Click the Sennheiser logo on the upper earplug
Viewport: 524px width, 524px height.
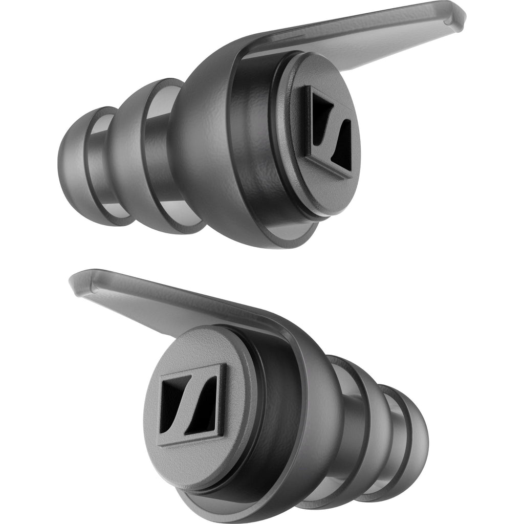coord(325,131)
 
